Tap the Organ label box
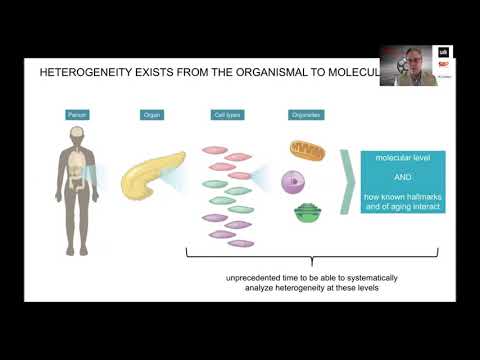click(x=152, y=115)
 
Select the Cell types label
click(x=226, y=115)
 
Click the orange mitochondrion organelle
click(x=307, y=150)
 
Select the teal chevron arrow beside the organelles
click(x=349, y=183)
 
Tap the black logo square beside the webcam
click(x=443, y=52)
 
